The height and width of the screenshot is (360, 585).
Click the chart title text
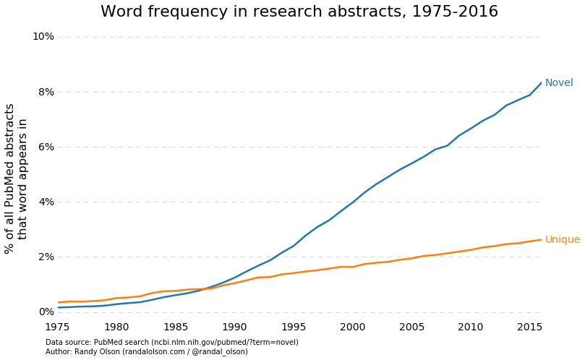tap(299, 12)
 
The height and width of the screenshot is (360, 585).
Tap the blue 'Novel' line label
tap(558, 83)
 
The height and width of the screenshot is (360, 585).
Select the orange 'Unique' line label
tap(562, 240)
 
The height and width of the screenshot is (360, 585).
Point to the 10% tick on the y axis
tap(43, 37)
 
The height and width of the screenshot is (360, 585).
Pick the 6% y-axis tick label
tap(46, 147)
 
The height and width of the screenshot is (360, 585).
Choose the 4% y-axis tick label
tap(46, 202)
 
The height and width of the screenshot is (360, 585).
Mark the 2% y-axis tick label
tap(46, 257)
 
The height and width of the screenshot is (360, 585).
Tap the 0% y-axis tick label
tap(46, 312)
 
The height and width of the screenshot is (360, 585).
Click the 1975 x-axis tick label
tap(58, 327)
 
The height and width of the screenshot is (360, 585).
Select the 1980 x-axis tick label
tap(117, 327)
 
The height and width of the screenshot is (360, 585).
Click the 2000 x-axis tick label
tap(353, 327)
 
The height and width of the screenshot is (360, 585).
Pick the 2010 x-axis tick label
tap(471, 327)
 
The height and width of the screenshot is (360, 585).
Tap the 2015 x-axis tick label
tap(529, 327)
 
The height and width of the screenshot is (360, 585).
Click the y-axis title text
tap(16, 178)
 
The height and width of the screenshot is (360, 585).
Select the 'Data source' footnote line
tap(171, 343)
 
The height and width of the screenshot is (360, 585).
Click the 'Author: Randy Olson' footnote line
tap(146, 352)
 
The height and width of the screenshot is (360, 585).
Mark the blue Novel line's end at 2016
tap(541, 82)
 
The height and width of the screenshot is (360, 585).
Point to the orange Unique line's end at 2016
tap(541, 239)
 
